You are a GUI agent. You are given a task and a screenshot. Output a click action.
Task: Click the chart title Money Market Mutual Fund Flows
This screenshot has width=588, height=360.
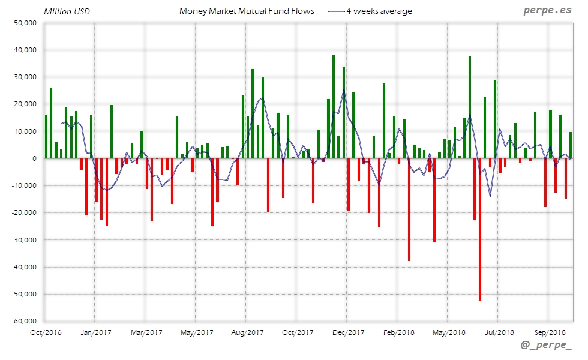[247, 11]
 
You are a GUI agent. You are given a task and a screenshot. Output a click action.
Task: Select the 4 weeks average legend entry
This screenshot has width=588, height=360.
[379, 11]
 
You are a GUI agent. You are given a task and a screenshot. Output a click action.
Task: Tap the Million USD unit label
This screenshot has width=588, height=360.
[67, 11]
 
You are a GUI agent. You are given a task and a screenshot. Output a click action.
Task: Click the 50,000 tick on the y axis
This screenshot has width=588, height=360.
[25, 23]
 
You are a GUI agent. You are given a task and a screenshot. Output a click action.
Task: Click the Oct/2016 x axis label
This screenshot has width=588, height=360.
[46, 332]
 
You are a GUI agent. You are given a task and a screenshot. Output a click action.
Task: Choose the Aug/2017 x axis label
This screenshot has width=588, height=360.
[247, 332]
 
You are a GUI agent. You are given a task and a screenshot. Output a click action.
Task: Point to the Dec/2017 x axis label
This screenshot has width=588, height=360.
[348, 332]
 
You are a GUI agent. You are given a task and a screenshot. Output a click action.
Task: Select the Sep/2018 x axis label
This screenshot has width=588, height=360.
[550, 332]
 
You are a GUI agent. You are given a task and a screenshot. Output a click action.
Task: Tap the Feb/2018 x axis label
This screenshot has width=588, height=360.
[398, 332]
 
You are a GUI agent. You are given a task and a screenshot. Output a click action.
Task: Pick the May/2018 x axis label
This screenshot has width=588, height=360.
[449, 332]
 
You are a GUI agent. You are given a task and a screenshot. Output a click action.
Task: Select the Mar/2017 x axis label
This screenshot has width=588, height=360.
[146, 332]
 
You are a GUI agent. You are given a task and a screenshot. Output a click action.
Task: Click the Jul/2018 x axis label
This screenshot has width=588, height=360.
[499, 332]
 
